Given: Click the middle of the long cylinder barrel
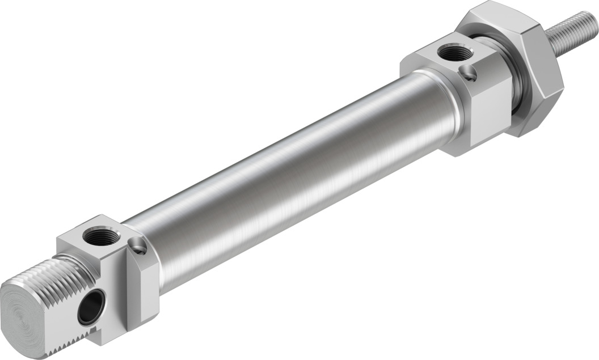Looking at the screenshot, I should tap(295, 170).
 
